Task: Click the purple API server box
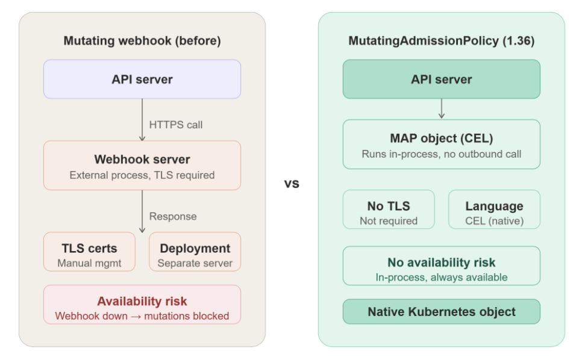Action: (142, 79)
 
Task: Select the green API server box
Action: (441, 79)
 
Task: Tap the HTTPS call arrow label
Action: (176, 125)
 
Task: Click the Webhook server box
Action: (142, 166)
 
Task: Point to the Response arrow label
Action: (173, 217)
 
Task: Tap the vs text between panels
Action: (292, 184)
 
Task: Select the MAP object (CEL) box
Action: (441, 144)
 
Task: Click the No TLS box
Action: (389, 209)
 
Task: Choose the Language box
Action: (494, 209)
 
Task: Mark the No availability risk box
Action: (441, 265)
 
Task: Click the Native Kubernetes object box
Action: (441, 312)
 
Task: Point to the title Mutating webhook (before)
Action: (142, 41)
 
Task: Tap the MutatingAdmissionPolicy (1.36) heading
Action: (441, 41)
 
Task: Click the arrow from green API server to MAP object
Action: (441, 108)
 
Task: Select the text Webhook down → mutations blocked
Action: (142, 315)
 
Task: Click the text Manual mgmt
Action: (89, 263)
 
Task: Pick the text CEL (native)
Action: (494, 221)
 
